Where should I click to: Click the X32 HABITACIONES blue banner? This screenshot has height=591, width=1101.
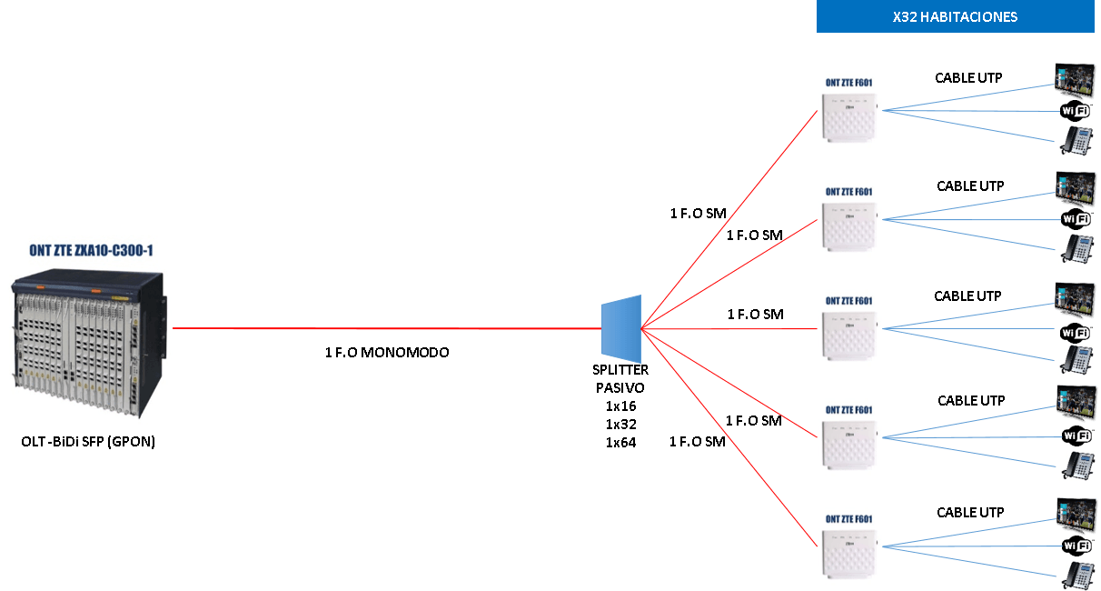tap(955, 16)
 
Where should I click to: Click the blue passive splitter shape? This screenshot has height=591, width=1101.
tap(621, 328)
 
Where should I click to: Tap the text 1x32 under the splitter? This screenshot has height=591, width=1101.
tap(621, 425)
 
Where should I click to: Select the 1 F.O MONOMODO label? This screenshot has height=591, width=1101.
tap(387, 352)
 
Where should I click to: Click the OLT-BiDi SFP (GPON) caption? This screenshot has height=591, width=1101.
tap(88, 442)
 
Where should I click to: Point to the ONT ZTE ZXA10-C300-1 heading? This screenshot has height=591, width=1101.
tap(88, 249)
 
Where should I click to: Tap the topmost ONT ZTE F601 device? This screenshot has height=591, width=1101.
tap(848, 110)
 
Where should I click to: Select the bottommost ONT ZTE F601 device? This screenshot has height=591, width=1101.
tap(848, 546)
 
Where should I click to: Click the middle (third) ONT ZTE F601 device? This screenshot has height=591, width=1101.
tap(848, 328)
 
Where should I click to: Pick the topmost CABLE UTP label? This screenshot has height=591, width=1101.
tap(968, 78)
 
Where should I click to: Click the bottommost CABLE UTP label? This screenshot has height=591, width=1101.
tap(970, 513)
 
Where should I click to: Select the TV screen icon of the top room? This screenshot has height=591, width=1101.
tap(1076, 78)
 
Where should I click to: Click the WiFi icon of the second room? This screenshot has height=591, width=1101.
tap(1076, 219)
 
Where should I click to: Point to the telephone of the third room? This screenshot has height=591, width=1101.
tap(1076, 359)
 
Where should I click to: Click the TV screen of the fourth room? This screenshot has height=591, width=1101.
tap(1076, 401)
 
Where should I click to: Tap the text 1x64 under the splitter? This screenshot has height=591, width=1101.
tap(621, 443)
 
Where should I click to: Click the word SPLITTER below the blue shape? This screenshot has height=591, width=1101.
tap(621, 370)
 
